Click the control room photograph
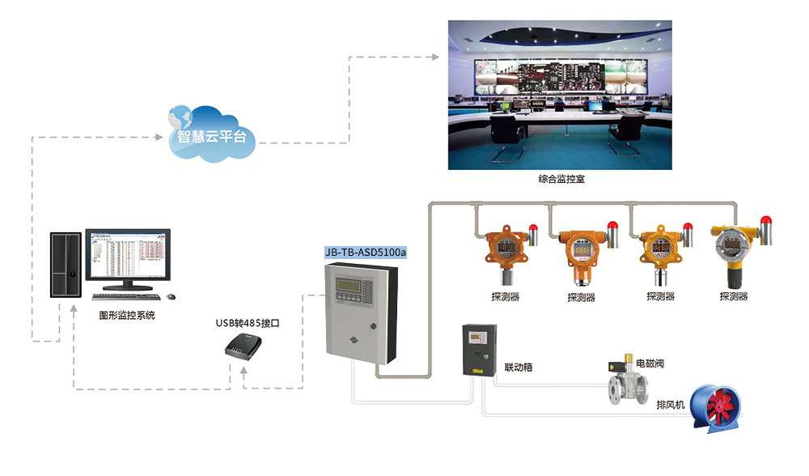[561, 95]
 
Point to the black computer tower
[66, 264]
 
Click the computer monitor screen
[129, 255]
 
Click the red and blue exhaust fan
[717, 405]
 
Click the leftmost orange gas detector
[504, 251]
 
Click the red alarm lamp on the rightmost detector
[765, 220]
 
